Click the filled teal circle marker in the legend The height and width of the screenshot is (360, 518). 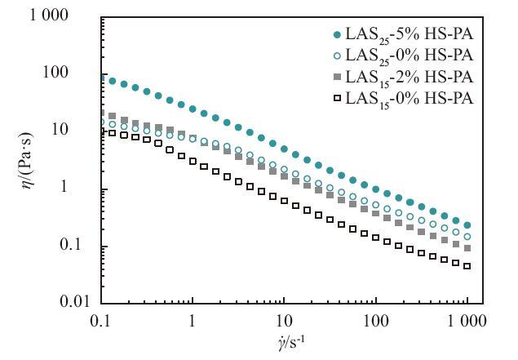click(338, 35)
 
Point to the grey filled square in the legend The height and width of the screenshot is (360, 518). click(338, 78)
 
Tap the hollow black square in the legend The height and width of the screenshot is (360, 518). click(338, 99)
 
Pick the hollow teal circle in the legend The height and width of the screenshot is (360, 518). click(338, 56)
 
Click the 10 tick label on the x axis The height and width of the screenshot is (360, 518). click(283, 321)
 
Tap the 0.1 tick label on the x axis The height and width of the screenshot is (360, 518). click(100, 321)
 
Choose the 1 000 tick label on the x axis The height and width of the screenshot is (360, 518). click(466, 321)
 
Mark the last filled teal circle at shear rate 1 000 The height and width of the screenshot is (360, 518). click(467, 225)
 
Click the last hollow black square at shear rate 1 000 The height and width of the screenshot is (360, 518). click(467, 266)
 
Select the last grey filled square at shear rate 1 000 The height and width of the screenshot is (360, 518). click(467, 248)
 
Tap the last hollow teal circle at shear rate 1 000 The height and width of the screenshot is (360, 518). click(467, 237)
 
